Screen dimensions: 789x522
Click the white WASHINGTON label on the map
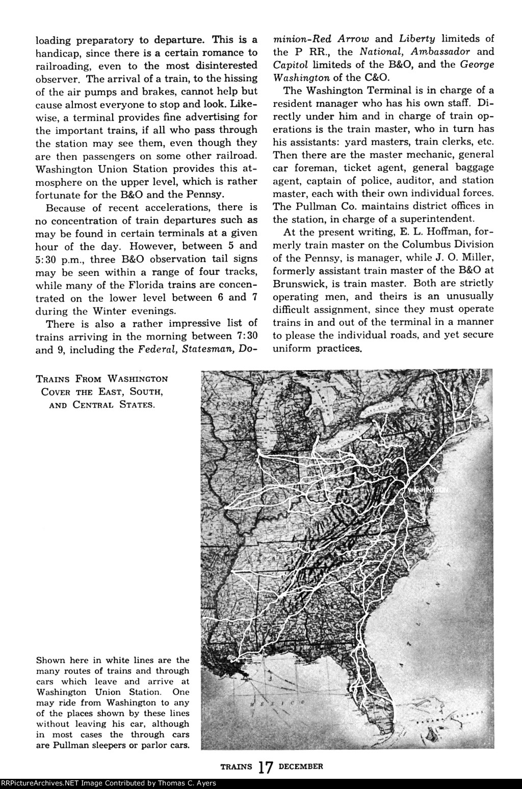(427, 489)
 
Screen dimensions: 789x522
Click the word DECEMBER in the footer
(301, 766)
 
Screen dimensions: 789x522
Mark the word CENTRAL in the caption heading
(99, 407)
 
